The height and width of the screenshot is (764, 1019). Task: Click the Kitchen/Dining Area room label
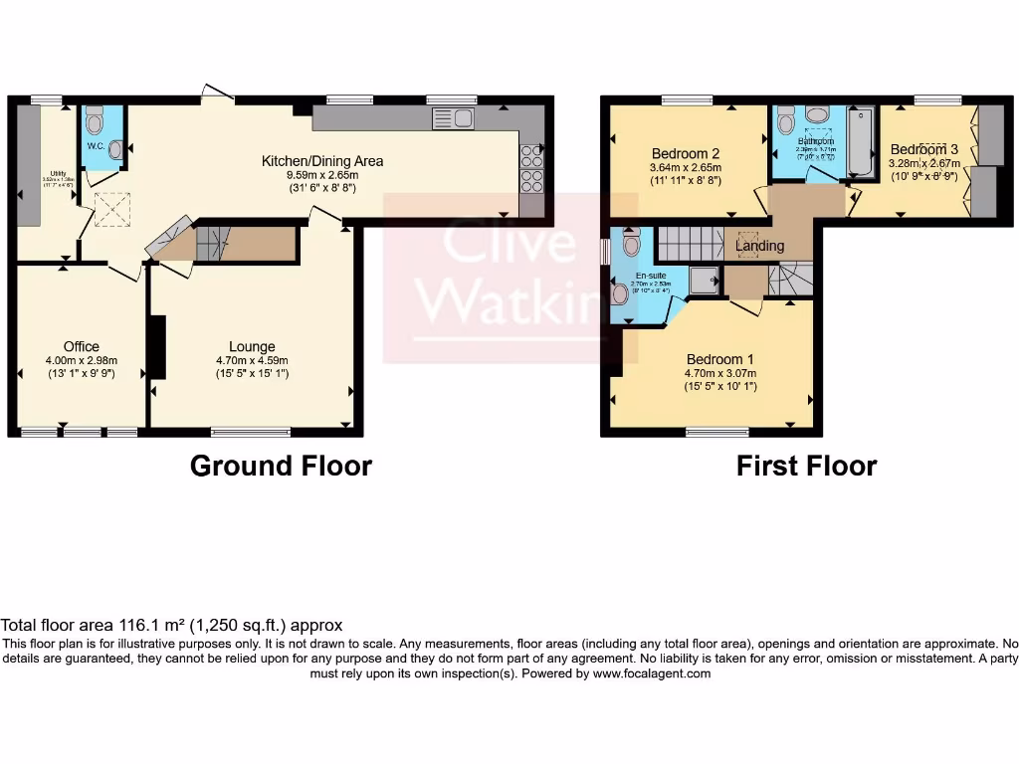(x=321, y=161)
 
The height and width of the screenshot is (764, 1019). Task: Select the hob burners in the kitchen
(x=531, y=169)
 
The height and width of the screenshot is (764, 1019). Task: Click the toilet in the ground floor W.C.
(x=95, y=122)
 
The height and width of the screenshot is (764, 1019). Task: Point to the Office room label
(x=81, y=347)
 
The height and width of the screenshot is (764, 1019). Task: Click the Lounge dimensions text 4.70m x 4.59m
(x=252, y=361)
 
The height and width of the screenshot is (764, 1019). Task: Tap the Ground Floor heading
(x=281, y=466)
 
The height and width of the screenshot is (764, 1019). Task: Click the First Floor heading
(x=806, y=466)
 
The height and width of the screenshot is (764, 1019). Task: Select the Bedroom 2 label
(x=686, y=153)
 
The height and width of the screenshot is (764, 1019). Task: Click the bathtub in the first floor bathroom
(x=861, y=143)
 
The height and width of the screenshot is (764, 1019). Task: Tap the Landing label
(x=759, y=246)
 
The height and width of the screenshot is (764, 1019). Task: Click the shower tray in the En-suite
(x=704, y=283)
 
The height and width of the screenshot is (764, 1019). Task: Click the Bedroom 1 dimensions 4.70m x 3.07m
(x=720, y=373)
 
